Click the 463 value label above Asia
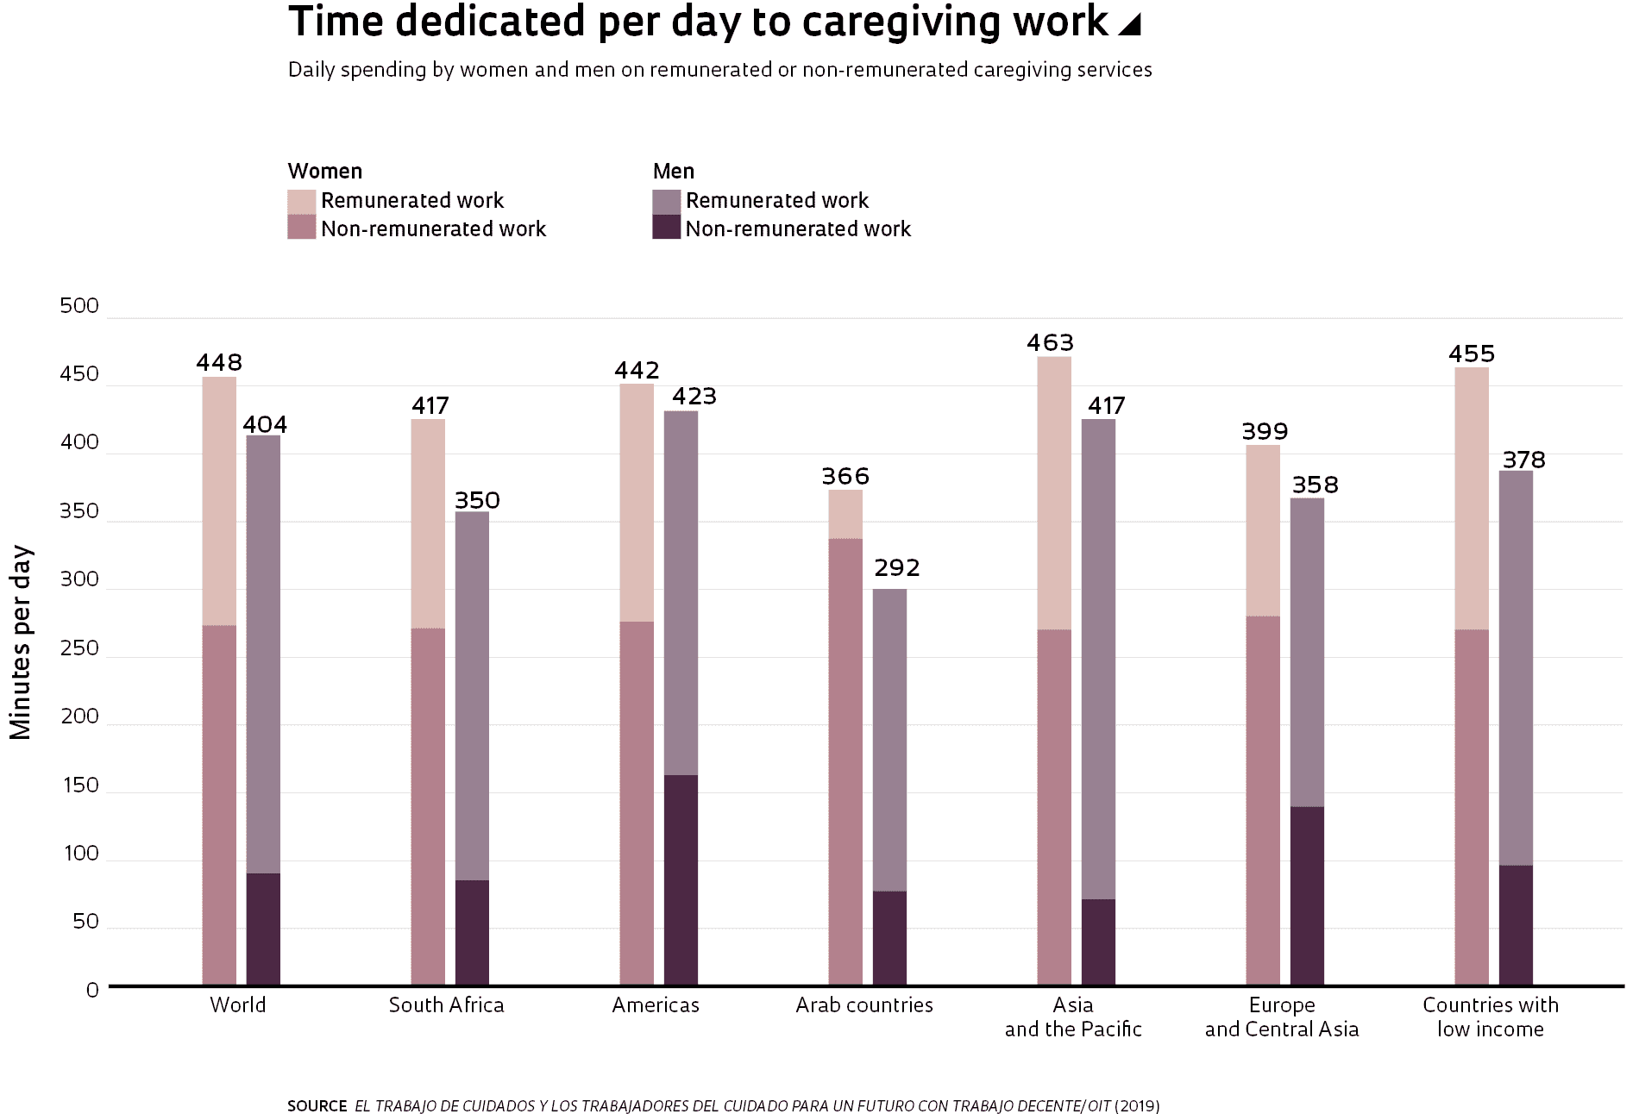click(1050, 343)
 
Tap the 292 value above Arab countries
click(897, 568)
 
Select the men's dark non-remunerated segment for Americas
click(681, 879)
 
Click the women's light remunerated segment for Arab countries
click(845, 515)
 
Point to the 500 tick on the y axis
click(79, 306)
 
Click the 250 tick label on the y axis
click(79, 648)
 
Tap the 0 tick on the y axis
click(92, 990)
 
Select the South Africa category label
click(446, 1005)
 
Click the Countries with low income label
click(1491, 1017)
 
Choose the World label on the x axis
click(238, 1005)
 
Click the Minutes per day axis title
click(21, 642)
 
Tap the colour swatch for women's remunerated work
click(301, 202)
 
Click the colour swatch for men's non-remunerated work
click(666, 228)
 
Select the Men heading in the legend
click(674, 172)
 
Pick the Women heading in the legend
click(325, 172)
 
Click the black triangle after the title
click(1130, 25)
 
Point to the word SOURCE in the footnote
click(317, 1106)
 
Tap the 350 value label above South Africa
click(477, 501)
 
